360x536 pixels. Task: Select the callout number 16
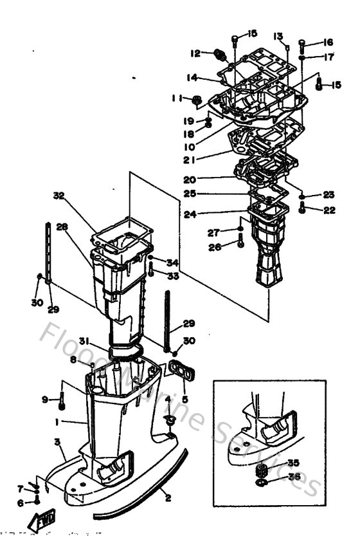coord(328,42)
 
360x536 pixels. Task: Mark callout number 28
coord(62,226)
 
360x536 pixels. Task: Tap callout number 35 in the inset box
coord(292,463)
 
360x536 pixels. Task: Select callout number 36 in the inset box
coord(293,477)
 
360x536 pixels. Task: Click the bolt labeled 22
coord(302,208)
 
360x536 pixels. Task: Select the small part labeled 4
coord(170,420)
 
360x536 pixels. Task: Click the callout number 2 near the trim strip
coord(168,497)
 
